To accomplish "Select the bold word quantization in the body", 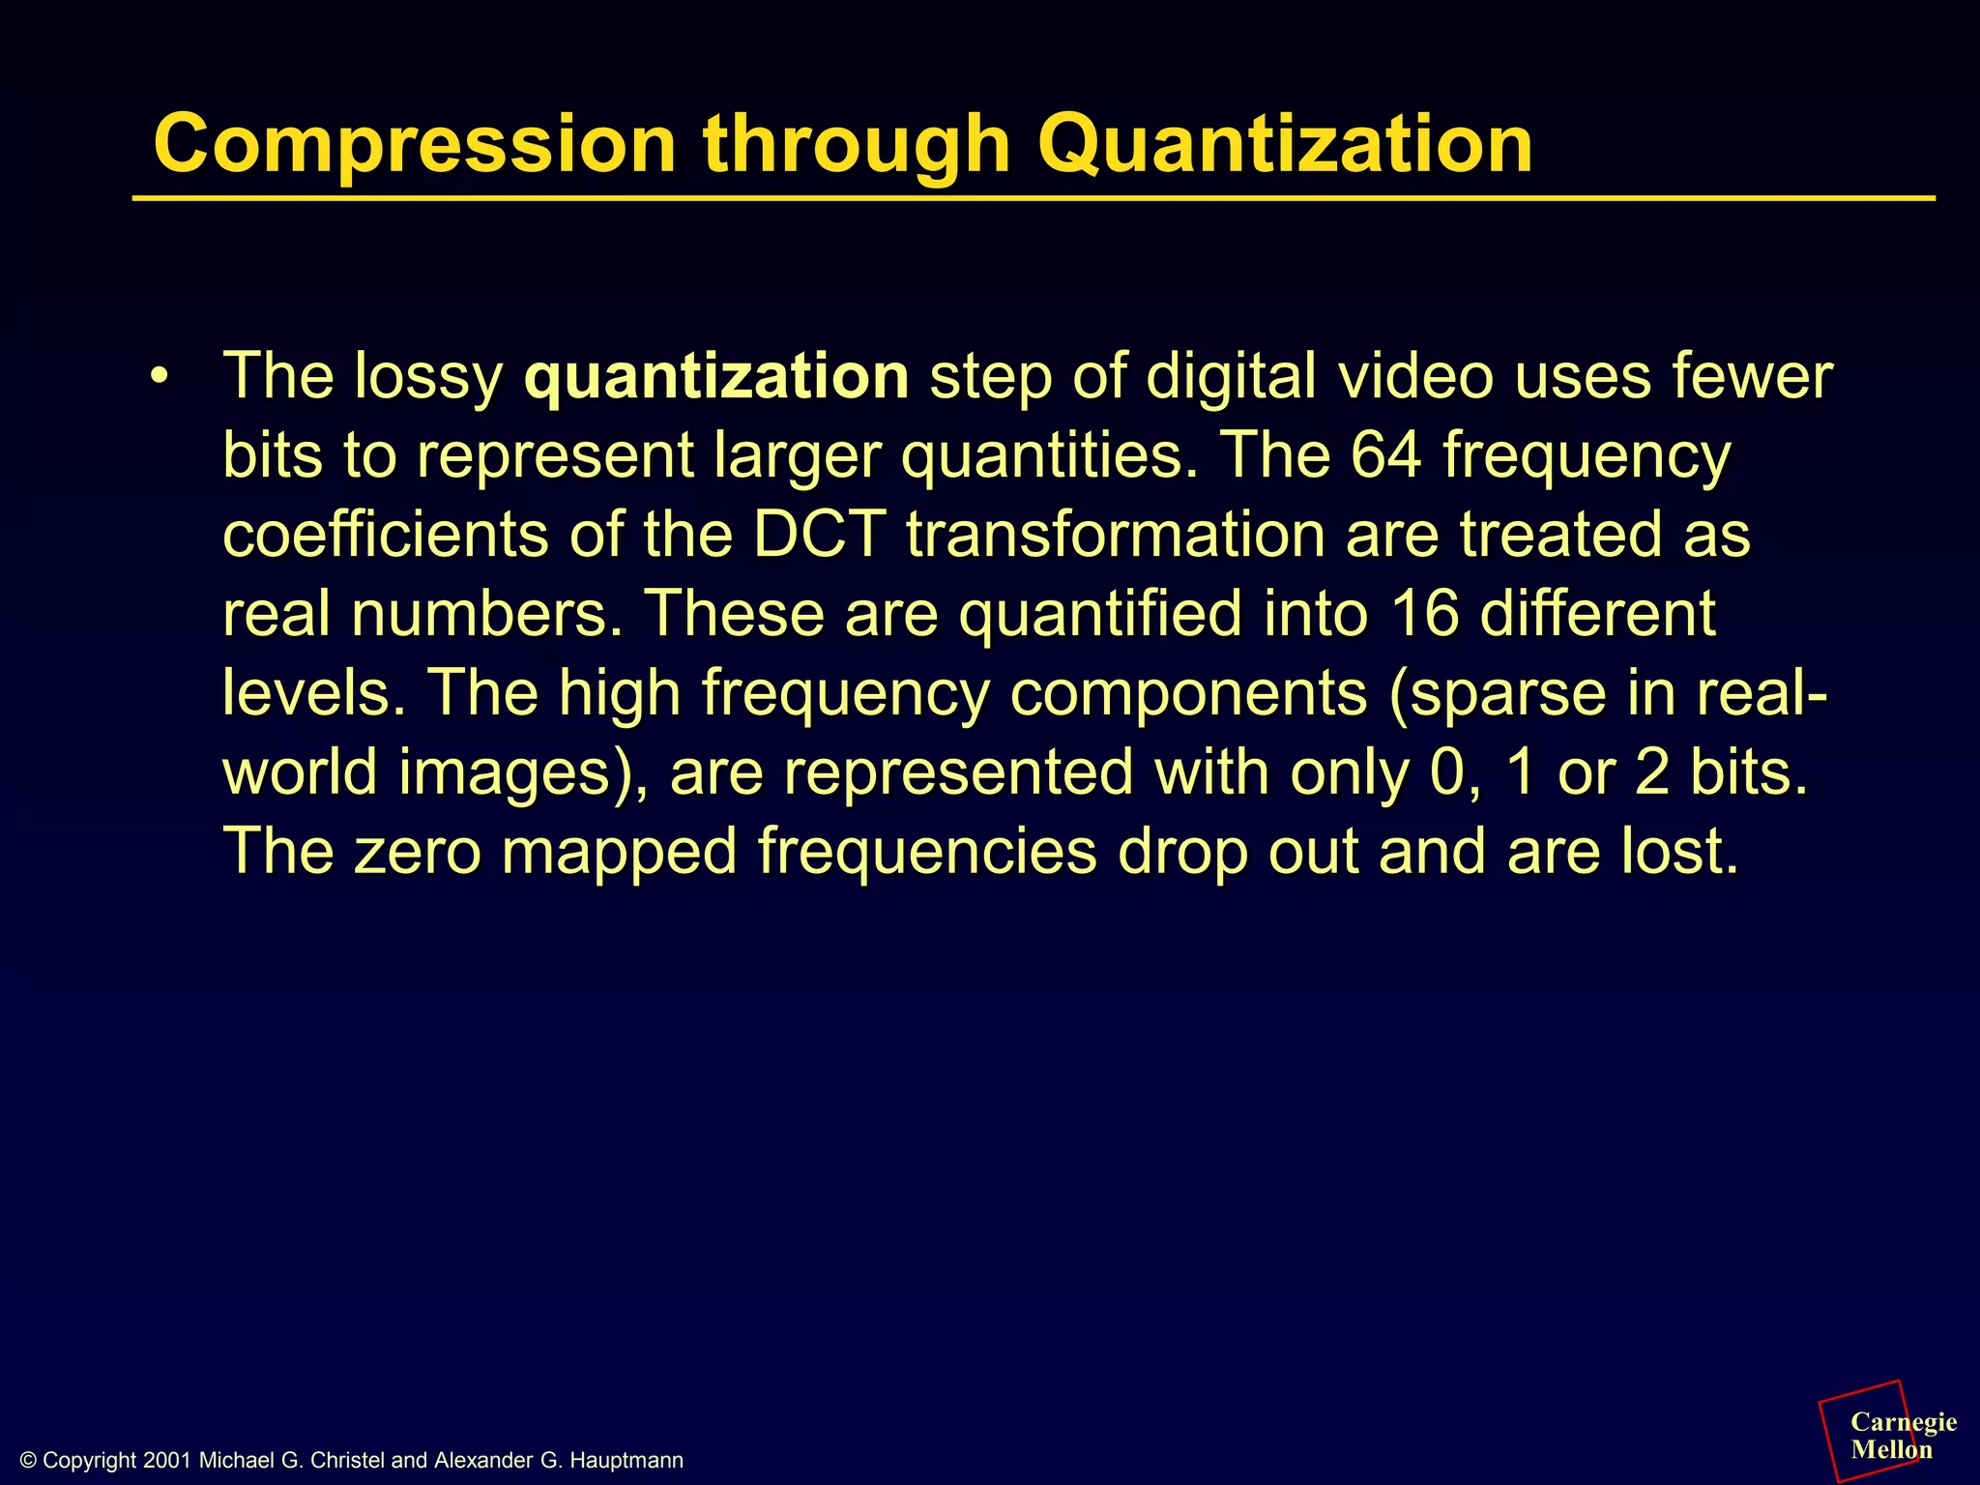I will (715, 376).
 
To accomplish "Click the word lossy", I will (428, 376).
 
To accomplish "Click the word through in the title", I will (856, 145).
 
